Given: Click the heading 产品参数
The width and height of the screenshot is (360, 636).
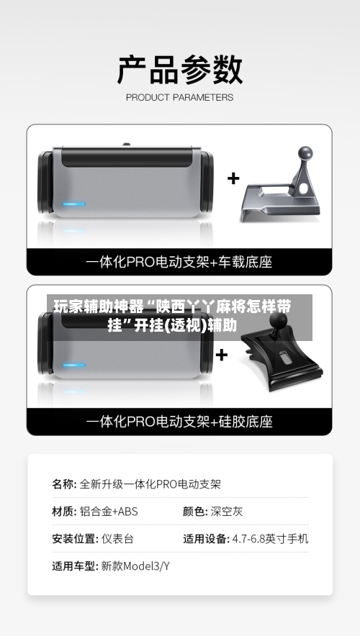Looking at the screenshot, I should pos(179,70).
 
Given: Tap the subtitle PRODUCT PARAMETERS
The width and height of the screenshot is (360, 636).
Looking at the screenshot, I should pos(179,97).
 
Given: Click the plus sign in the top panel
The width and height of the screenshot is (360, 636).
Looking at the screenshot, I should pos(233,178).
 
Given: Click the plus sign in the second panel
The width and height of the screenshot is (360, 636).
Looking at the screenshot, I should pos(222,354).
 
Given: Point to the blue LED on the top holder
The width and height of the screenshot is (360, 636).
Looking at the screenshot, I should pos(73,204).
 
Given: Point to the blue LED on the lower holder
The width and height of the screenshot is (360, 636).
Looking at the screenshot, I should pos(73,365).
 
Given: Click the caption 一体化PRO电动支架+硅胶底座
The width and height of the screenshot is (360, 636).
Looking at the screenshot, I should pos(179,422).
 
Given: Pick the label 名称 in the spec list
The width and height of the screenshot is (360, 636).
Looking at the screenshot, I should pos(63,484).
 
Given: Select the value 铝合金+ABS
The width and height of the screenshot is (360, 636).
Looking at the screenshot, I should pos(109,512).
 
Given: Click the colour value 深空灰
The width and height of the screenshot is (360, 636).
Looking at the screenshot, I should pos(227,512).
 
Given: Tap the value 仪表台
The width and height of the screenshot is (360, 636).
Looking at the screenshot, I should pos(117,538).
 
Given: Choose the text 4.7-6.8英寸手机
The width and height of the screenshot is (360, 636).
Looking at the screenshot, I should pos(270,538).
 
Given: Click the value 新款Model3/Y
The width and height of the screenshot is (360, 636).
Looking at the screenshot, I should pos(135,565).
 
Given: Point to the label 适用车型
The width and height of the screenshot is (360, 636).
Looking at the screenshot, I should pos(73,565).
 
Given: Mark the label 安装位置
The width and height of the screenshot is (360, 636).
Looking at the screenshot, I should pos(73,538).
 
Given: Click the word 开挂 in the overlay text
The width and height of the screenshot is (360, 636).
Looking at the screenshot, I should pos(148,326).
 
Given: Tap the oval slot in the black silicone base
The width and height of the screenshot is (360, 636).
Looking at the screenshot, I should pos(284,360).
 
